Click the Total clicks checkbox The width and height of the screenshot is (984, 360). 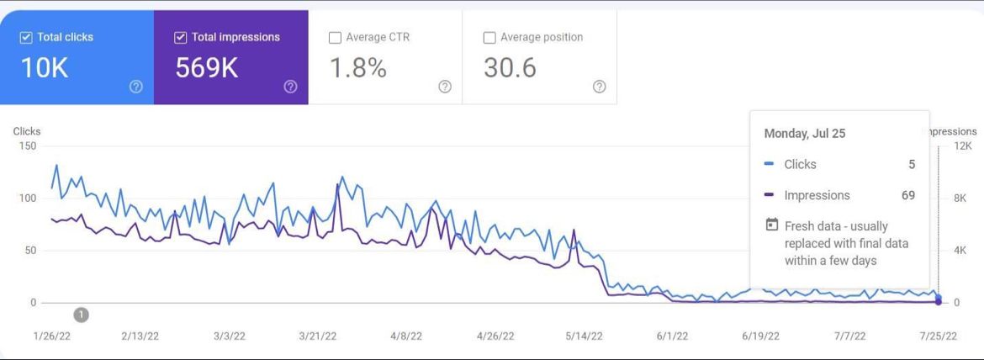point(26,38)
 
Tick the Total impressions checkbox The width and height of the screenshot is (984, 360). point(180,38)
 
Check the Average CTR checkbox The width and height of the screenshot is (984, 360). point(335,38)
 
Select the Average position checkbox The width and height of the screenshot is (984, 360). point(489,38)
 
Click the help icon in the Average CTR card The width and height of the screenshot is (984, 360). point(445,87)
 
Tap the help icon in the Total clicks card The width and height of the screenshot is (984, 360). point(136,87)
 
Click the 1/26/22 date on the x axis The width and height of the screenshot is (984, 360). point(50,336)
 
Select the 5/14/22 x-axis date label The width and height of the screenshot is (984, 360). point(584,336)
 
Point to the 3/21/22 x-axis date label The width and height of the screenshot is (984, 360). point(317,336)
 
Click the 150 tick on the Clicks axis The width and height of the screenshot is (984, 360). point(28,146)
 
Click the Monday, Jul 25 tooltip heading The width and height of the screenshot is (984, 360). point(804,134)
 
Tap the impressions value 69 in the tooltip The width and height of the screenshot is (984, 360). point(907,195)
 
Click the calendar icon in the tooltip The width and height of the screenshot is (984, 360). point(771,225)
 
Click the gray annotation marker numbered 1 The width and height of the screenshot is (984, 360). point(81,315)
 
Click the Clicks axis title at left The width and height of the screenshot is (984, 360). point(27,131)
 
